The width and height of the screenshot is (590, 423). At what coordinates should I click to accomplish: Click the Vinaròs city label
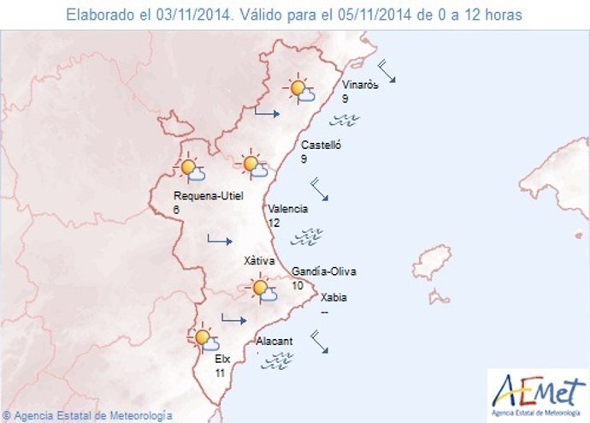358,86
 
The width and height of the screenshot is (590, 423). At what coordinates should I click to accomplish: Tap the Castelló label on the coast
322,146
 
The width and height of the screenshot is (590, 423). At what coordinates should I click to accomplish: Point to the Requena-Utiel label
209,195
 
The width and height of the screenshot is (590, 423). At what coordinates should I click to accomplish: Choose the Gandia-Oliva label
323,271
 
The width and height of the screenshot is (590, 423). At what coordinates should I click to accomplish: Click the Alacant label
274,341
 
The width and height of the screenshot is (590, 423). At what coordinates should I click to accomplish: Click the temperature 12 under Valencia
274,223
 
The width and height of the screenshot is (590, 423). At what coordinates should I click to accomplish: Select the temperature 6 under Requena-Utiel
176,210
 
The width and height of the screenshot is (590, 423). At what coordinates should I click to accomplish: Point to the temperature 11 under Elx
220,373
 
